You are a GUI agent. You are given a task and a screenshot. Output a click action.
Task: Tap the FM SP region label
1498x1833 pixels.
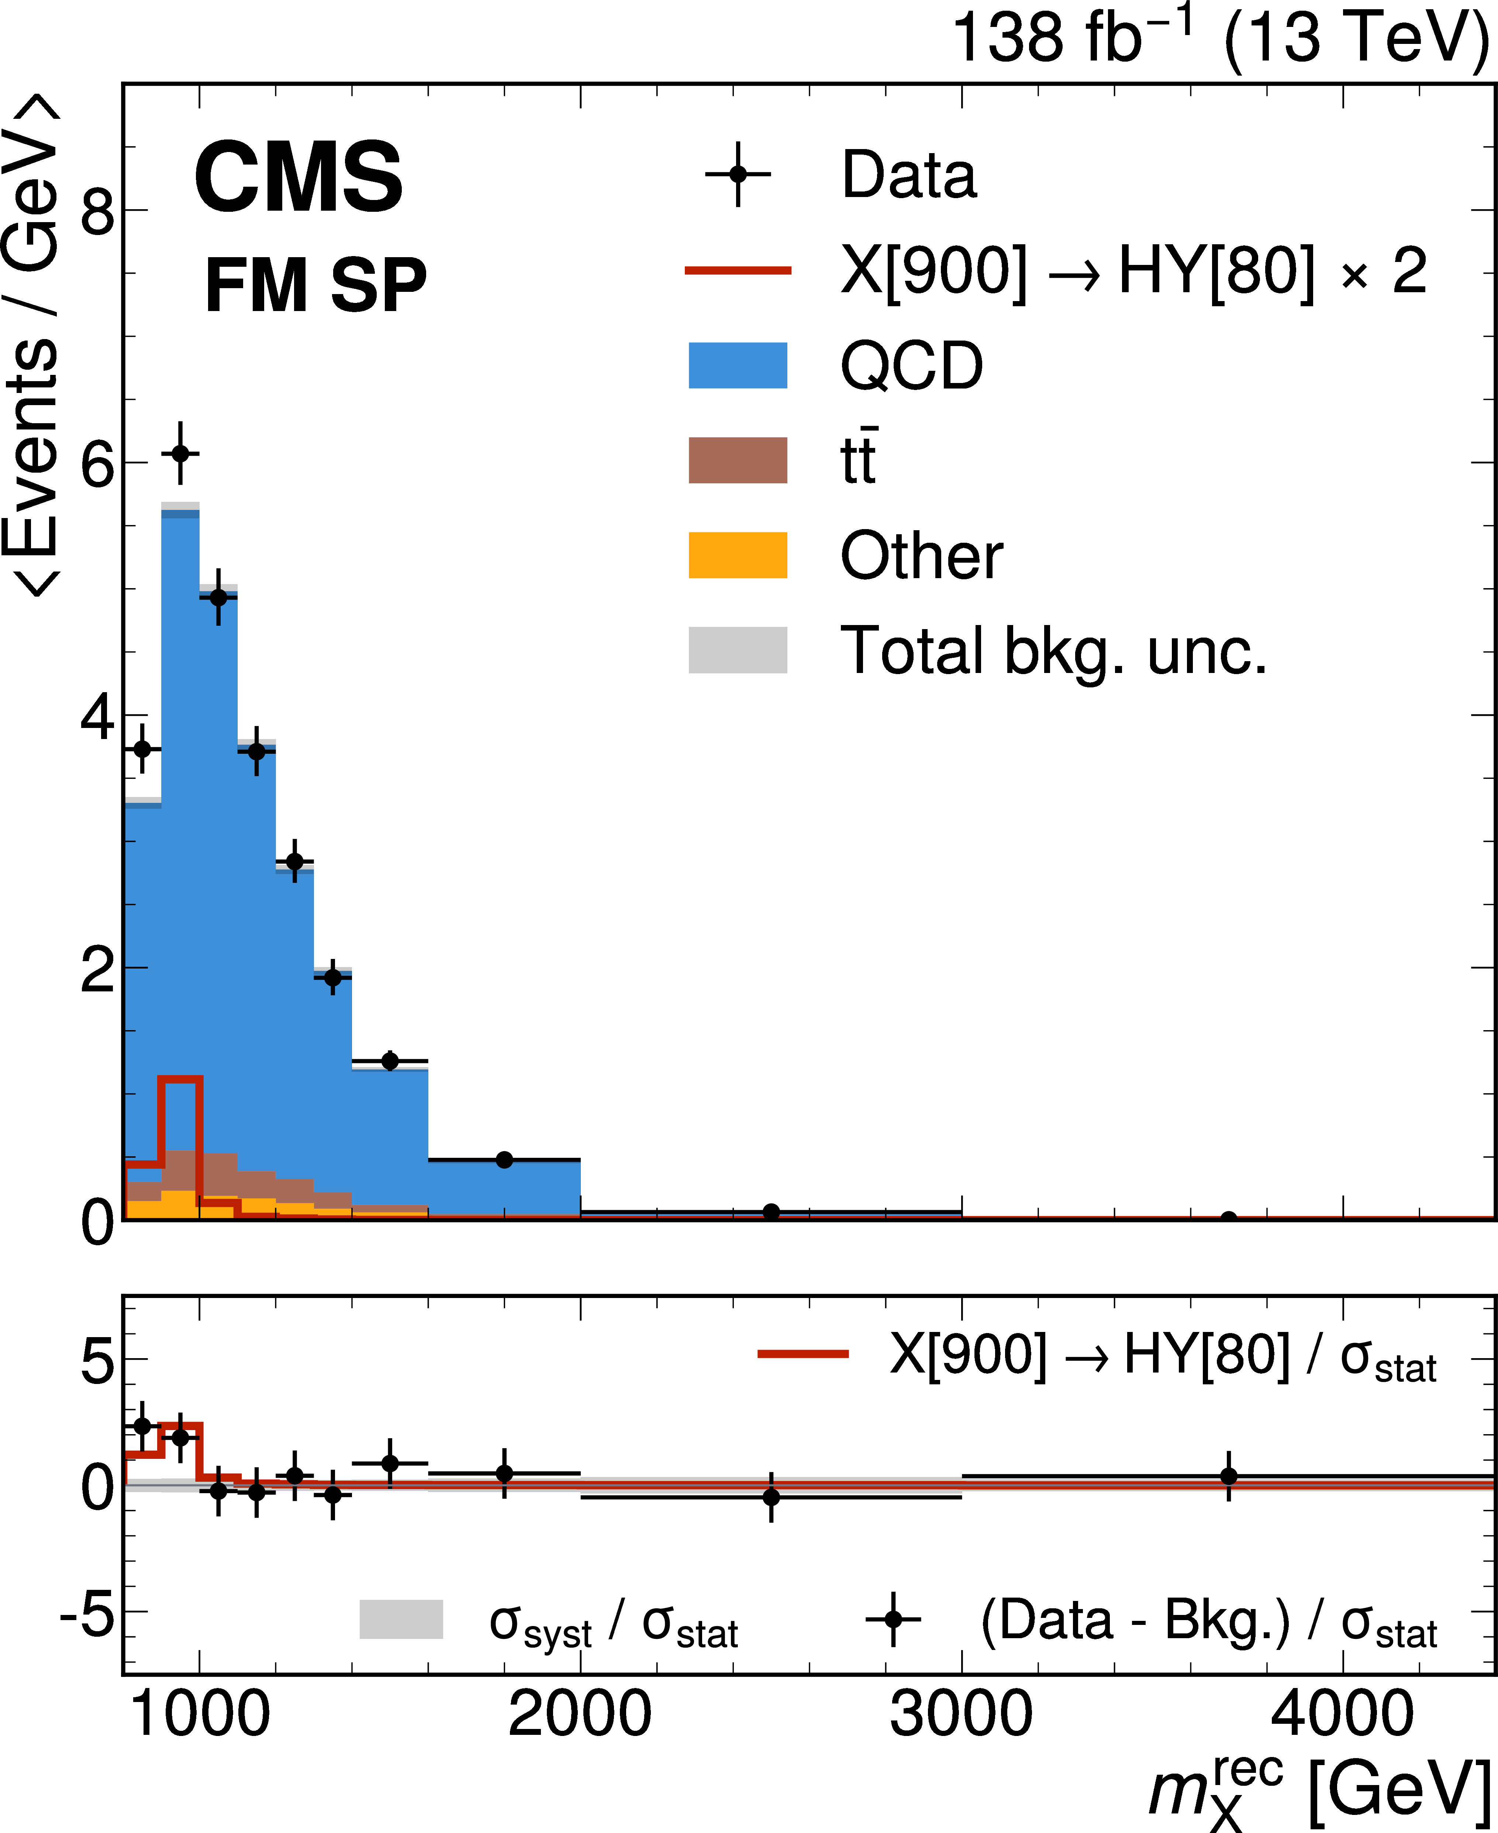[x=315, y=286]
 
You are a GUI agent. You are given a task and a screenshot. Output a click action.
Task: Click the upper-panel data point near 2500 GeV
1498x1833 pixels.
[x=772, y=1212]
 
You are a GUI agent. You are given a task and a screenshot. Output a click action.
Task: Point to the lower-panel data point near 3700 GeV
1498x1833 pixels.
[x=1229, y=1477]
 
